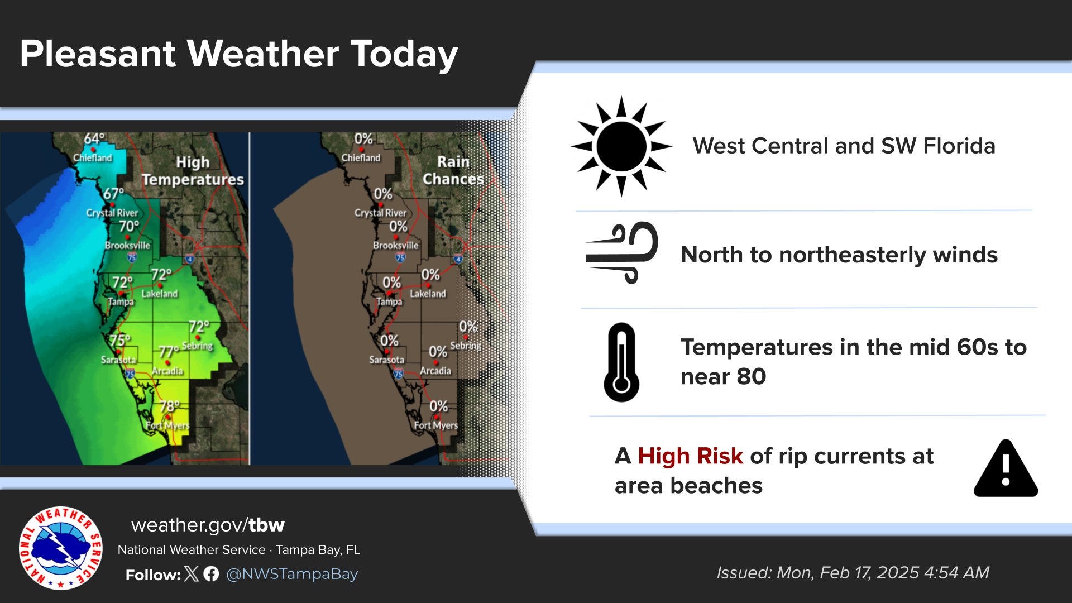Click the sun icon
[x=621, y=146]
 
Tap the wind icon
[x=622, y=253]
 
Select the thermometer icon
[x=621, y=362]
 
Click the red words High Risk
[x=690, y=456]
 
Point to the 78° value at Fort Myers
[x=170, y=406]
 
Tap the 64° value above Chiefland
[x=94, y=138]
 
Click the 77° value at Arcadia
[x=168, y=351]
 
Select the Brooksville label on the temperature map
[x=127, y=245]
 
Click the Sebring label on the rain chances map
[x=465, y=346]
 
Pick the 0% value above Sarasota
[x=389, y=341]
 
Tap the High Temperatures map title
[x=193, y=171]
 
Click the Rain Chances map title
[x=453, y=170]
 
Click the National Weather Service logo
[x=60, y=548]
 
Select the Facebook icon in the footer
[x=211, y=573]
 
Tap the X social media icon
[x=191, y=573]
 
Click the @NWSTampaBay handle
[x=291, y=573]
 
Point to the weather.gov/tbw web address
[x=208, y=525]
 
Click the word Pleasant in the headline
[x=98, y=54]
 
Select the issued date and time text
[x=853, y=572]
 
